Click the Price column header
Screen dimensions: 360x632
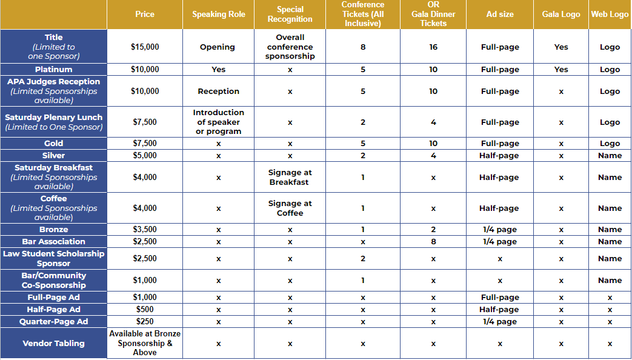click(144, 14)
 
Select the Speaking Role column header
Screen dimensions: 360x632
click(219, 14)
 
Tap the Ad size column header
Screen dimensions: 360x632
click(500, 14)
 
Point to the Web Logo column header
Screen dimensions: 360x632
click(610, 14)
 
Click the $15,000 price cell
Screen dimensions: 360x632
click(145, 47)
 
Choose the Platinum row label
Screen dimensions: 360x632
click(54, 70)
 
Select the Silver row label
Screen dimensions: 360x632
click(54, 156)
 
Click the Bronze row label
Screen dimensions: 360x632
click(54, 230)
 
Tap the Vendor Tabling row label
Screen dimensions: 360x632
click(54, 343)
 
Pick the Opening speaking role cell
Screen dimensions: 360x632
click(218, 47)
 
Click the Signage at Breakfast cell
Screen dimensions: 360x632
click(290, 177)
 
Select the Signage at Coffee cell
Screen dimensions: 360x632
click(290, 208)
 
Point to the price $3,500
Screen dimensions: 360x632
click(145, 230)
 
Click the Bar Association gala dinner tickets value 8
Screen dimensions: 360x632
click(433, 242)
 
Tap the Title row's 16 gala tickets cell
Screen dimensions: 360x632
click(433, 47)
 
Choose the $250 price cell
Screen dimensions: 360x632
click(145, 322)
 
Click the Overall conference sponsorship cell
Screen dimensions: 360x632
click(290, 47)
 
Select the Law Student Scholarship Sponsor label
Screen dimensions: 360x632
click(54, 258)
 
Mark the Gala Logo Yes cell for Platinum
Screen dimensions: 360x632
click(561, 70)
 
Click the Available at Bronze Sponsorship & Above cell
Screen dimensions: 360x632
click(145, 343)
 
